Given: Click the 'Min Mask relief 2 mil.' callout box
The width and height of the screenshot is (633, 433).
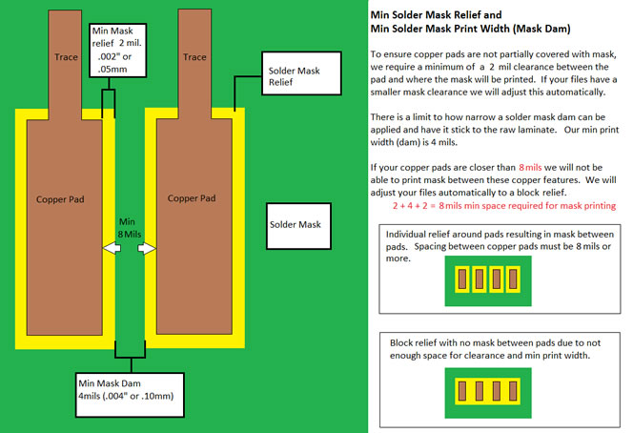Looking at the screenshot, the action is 117,51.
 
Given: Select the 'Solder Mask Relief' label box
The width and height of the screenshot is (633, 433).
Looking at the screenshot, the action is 301,73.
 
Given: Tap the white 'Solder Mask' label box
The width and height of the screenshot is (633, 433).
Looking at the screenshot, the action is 298,226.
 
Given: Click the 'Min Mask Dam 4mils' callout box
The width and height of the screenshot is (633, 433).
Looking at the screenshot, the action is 130,395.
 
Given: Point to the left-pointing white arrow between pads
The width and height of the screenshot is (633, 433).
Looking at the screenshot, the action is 112,248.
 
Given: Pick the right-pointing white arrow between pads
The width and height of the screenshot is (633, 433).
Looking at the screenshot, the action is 147,248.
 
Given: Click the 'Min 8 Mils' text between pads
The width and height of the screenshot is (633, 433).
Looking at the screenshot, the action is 130,228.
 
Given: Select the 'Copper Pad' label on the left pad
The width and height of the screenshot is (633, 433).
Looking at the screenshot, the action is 60,199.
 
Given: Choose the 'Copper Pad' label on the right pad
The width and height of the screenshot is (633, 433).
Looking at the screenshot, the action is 192,198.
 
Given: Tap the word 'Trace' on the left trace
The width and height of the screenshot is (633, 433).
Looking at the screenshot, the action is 66,57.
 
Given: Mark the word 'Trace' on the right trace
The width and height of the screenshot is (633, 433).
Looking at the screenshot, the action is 194,57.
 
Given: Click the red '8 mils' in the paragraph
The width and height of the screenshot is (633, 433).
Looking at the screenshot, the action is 530,167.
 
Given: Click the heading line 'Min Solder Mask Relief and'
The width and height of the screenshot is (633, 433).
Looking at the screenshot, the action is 437,15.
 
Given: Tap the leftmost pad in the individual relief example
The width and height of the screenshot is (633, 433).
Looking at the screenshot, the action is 462,279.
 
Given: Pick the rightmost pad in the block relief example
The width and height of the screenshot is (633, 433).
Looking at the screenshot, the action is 513,391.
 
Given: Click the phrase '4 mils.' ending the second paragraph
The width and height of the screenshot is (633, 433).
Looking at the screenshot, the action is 444,142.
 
